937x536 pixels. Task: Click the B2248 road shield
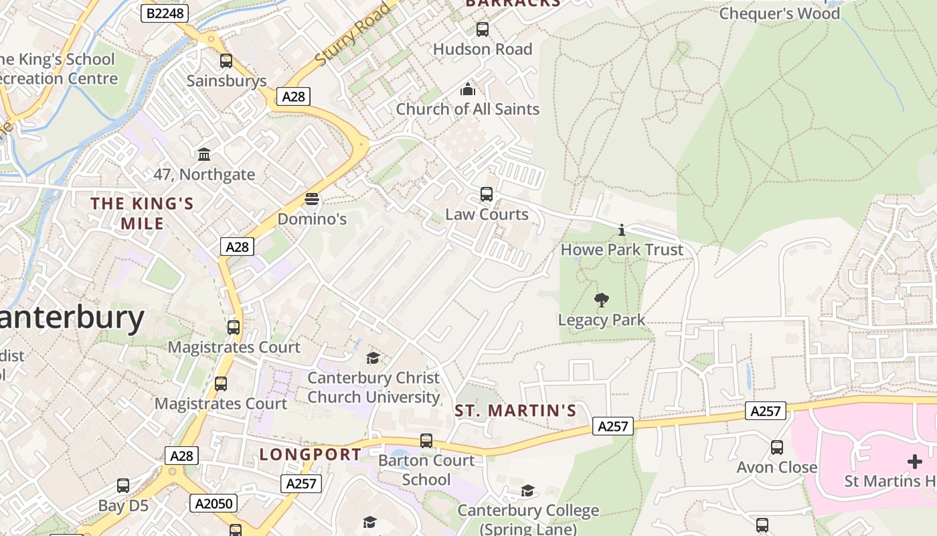165,13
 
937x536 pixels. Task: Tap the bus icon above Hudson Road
482,29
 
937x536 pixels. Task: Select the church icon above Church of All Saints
467,89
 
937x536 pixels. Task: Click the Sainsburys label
226,81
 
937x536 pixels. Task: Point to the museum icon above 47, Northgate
204,155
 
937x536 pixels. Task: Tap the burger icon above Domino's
312,199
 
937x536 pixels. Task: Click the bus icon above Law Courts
487,194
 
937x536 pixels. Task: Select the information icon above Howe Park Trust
622,230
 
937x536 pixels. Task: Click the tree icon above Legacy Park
602,300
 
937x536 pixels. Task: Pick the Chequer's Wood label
779,13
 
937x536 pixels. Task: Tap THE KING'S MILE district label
142,213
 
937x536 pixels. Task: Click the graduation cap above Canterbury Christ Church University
373,358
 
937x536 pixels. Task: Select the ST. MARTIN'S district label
515,411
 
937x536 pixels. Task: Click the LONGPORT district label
311,454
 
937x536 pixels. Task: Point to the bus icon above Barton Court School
426,441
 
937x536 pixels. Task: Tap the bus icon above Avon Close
777,447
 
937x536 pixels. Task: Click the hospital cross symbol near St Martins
914,462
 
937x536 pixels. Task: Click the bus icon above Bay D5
123,486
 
